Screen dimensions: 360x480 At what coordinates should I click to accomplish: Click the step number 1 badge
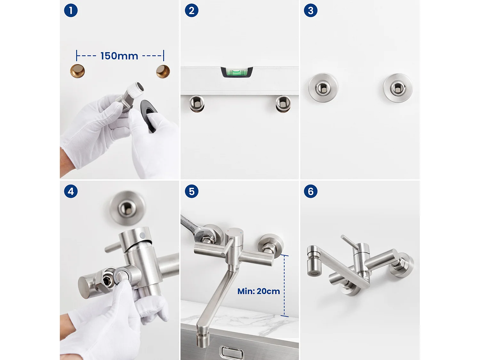pyautogui.click(x=71, y=11)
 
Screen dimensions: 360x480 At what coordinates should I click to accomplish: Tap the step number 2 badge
pyautogui.click(x=191, y=11)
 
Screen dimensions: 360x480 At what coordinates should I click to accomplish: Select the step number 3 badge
pyautogui.click(x=310, y=11)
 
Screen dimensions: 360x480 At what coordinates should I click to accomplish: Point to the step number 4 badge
pyautogui.click(x=71, y=191)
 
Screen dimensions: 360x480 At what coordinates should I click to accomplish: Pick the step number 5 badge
pyautogui.click(x=191, y=191)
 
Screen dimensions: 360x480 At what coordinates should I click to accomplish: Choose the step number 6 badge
pyautogui.click(x=310, y=191)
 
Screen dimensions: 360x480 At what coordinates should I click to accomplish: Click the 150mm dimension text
pyautogui.click(x=119, y=56)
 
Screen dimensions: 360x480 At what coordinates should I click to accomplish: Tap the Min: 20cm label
pyautogui.click(x=259, y=291)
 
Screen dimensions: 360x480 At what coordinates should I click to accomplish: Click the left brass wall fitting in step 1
pyautogui.click(x=77, y=71)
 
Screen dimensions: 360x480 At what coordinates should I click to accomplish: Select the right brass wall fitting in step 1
pyautogui.click(x=163, y=71)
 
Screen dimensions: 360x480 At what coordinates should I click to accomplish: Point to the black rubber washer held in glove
pyautogui.click(x=148, y=115)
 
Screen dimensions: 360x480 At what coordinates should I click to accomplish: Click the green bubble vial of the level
pyautogui.click(x=236, y=72)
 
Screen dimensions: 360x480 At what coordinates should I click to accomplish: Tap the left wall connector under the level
pyautogui.click(x=197, y=103)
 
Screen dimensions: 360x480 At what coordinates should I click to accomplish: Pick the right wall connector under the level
pyautogui.click(x=283, y=103)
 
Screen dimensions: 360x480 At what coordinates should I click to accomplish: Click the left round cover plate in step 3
pyautogui.click(x=323, y=88)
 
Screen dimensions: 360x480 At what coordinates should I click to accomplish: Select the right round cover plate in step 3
pyautogui.click(x=398, y=88)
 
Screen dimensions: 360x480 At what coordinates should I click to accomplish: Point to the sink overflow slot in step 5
pyautogui.click(x=232, y=352)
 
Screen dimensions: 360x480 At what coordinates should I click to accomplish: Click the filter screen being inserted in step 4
pyautogui.click(x=121, y=275)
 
